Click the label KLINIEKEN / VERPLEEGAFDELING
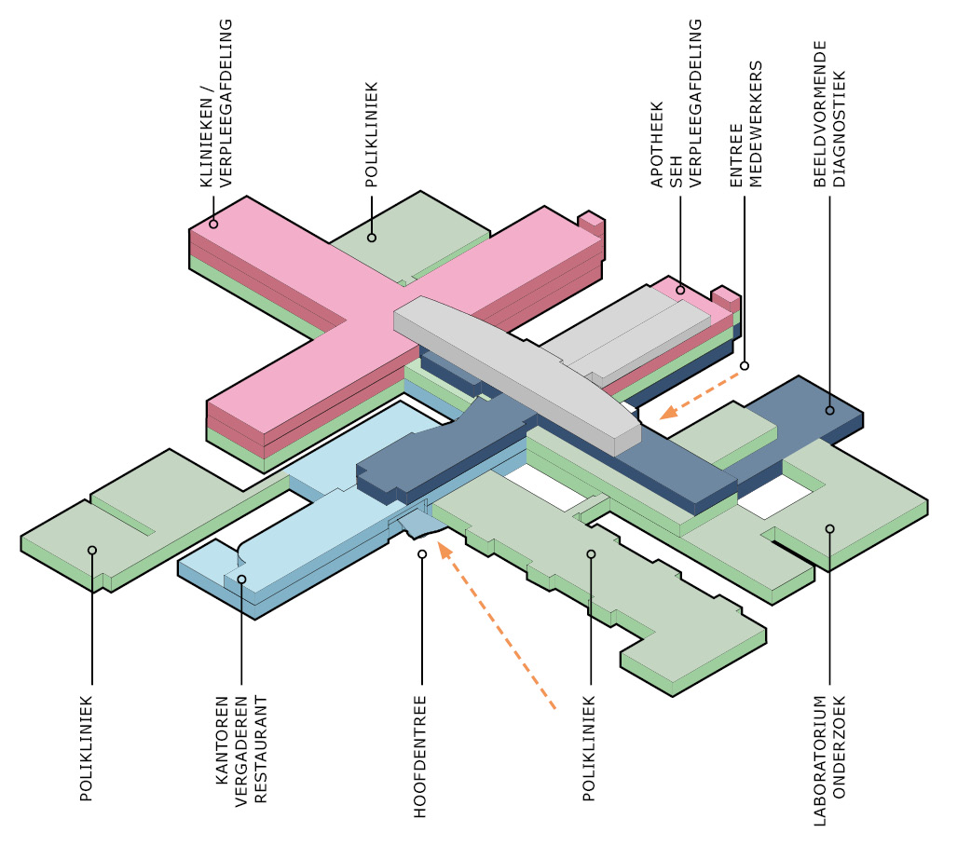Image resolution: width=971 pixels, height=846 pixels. click(216, 102)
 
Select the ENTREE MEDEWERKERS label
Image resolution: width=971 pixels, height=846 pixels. click(745, 124)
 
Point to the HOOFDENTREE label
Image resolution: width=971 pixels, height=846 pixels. click(420, 757)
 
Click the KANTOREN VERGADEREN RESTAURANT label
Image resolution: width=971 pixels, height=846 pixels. click(241, 749)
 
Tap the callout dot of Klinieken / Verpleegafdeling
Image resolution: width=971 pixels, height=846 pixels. click(213, 224)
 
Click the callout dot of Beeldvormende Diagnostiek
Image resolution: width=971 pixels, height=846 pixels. click(829, 410)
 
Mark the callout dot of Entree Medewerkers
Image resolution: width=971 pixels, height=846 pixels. click(745, 366)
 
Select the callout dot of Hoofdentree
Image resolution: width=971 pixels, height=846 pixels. click(422, 553)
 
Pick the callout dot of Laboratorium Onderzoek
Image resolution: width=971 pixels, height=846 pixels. click(829, 528)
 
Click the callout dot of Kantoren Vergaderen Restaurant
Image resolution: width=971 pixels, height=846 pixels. click(241, 580)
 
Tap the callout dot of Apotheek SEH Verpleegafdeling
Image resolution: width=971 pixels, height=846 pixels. click(680, 290)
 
